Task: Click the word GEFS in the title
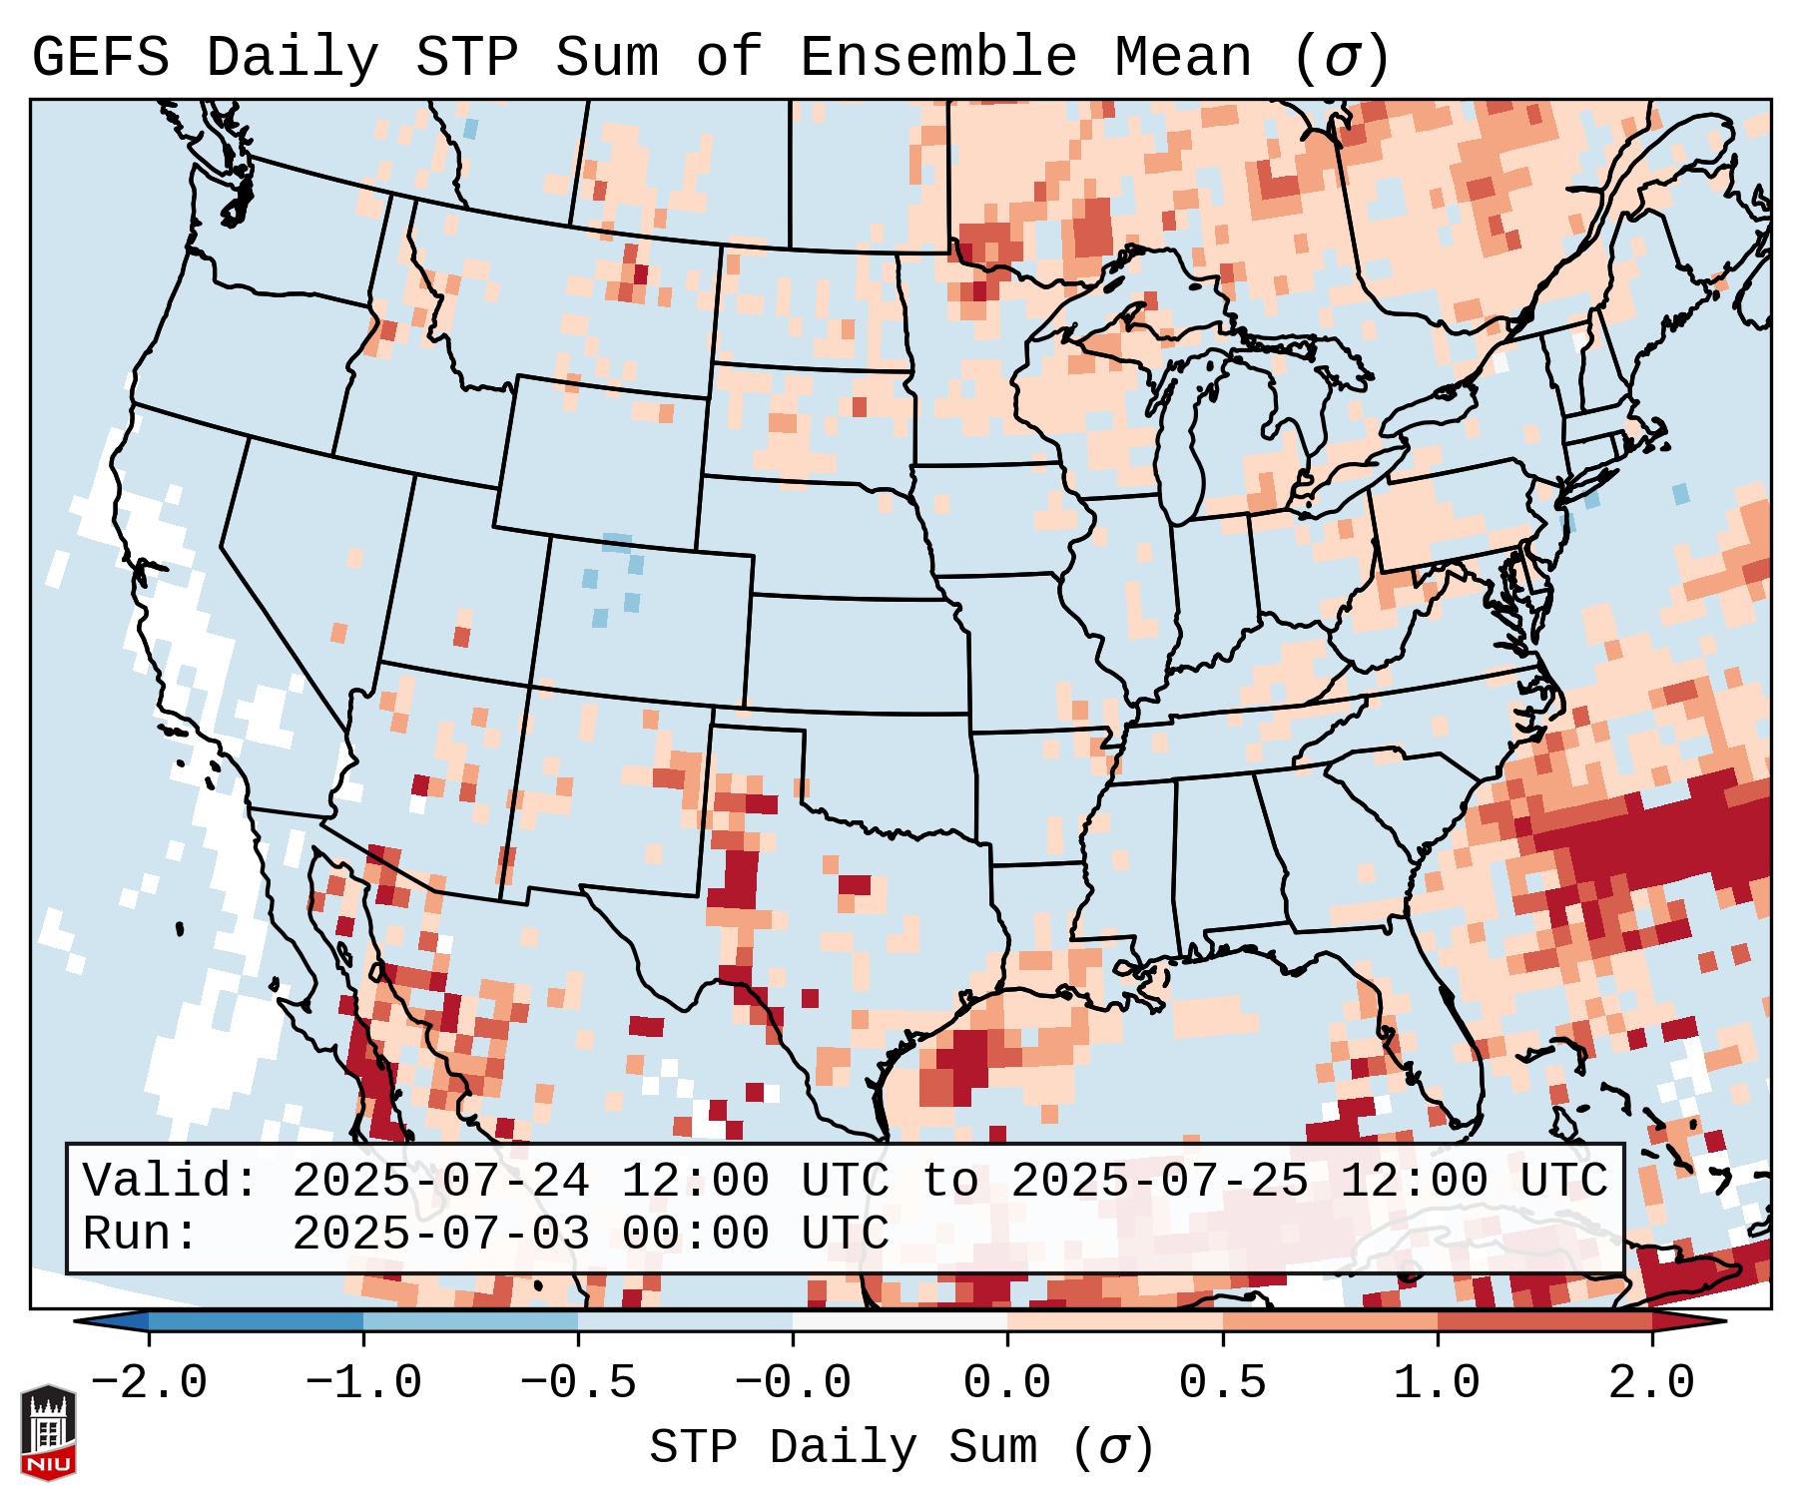[x=100, y=58]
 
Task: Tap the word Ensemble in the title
[x=938, y=58]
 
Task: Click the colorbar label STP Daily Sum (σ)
[x=901, y=1448]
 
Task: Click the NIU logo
[x=48, y=1432]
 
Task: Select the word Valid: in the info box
[x=171, y=1182]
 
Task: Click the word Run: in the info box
[x=141, y=1235]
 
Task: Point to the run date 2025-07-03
[x=440, y=1235]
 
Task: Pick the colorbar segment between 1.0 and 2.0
[x=1544, y=1322]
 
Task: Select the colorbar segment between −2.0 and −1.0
[x=256, y=1322]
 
